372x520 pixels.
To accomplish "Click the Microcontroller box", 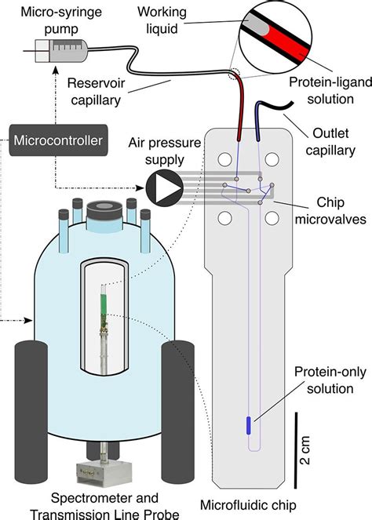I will [57, 141].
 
